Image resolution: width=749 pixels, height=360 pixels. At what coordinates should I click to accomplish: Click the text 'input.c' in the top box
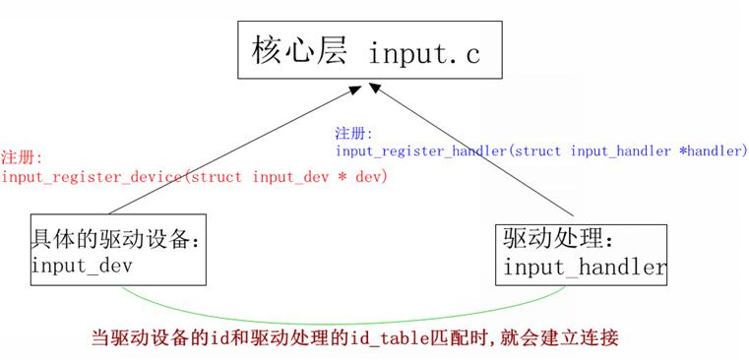(424, 54)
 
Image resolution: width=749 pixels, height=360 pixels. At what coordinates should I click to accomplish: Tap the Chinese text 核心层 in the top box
(298, 49)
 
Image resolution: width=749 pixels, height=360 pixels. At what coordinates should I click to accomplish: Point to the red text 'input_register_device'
(92, 178)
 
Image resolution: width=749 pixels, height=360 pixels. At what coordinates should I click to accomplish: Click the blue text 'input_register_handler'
(421, 151)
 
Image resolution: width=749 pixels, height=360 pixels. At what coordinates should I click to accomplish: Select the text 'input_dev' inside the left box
(82, 266)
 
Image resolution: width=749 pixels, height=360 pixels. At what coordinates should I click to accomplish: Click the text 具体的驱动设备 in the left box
(109, 239)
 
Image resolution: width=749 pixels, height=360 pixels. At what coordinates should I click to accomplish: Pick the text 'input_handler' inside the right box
(585, 268)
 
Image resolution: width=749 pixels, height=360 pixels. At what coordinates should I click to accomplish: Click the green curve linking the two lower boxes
(343, 324)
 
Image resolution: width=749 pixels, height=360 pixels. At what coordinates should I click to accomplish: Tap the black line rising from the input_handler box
(472, 150)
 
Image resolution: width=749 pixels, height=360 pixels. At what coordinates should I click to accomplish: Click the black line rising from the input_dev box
(234, 150)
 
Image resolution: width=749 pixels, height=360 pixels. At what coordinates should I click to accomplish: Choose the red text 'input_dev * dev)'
(319, 178)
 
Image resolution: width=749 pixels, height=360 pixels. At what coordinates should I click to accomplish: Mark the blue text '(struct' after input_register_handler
(533, 151)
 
